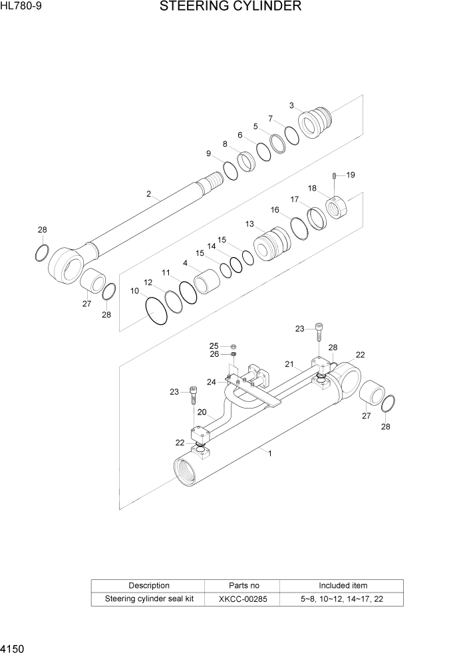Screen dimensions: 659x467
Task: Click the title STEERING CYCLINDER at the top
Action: tap(230, 7)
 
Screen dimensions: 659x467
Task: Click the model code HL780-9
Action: tap(21, 7)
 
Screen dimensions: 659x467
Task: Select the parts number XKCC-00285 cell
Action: tap(243, 599)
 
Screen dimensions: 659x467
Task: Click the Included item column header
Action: tap(343, 585)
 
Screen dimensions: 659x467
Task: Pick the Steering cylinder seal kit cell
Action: tap(148, 599)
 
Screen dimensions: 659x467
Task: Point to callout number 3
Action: tap(291, 106)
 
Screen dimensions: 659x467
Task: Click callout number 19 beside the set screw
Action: tap(350, 175)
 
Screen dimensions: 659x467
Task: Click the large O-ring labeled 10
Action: tap(156, 310)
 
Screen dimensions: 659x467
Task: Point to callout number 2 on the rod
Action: tap(149, 194)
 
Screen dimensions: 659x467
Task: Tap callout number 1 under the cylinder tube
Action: tap(269, 453)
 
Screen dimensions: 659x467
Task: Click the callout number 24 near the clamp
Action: tap(211, 381)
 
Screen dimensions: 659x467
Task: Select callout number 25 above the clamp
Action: tap(214, 345)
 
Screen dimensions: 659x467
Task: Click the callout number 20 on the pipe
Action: tap(202, 412)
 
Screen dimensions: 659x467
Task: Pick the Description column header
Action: tap(148, 585)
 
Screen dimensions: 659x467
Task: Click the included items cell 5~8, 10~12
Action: tap(343, 599)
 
